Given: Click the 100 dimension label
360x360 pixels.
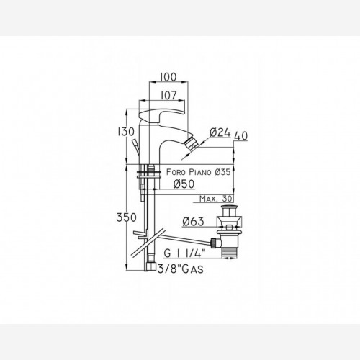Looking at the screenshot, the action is click(x=168, y=77).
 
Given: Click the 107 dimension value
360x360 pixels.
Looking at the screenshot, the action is click(x=168, y=95).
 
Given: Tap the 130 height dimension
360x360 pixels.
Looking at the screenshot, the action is click(x=126, y=132).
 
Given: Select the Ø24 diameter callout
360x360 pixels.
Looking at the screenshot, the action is click(x=220, y=132).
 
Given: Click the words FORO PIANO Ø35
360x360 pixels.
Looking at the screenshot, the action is click(x=198, y=172).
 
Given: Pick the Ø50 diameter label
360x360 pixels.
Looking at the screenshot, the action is click(x=184, y=184).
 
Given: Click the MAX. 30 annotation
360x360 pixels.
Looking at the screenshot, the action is click(x=216, y=199).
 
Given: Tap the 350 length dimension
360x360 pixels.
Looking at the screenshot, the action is click(x=126, y=217).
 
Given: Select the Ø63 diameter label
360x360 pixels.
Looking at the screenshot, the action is click(x=193, y=221).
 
